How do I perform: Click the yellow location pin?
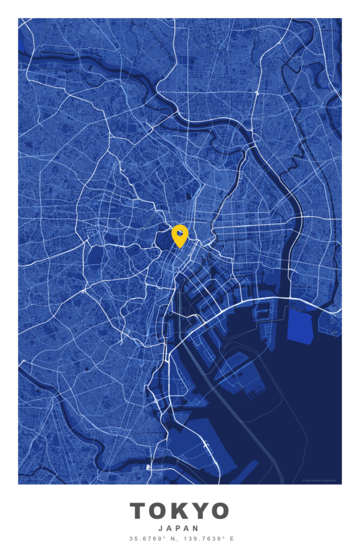[179, 234]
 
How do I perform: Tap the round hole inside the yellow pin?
[179, 232]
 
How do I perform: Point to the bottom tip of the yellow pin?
[179, 248]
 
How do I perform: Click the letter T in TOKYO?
[140, 511]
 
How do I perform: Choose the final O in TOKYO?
[220, 511]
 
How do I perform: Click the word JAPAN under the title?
[179, 529]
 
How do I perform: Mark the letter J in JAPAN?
[161, 529]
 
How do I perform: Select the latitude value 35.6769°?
[146, 539]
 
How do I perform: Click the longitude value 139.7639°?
[201, 539]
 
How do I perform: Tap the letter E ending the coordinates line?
[232, 539]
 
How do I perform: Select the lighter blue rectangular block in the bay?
[301, 326]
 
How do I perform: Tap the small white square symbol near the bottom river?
[148, 467]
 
